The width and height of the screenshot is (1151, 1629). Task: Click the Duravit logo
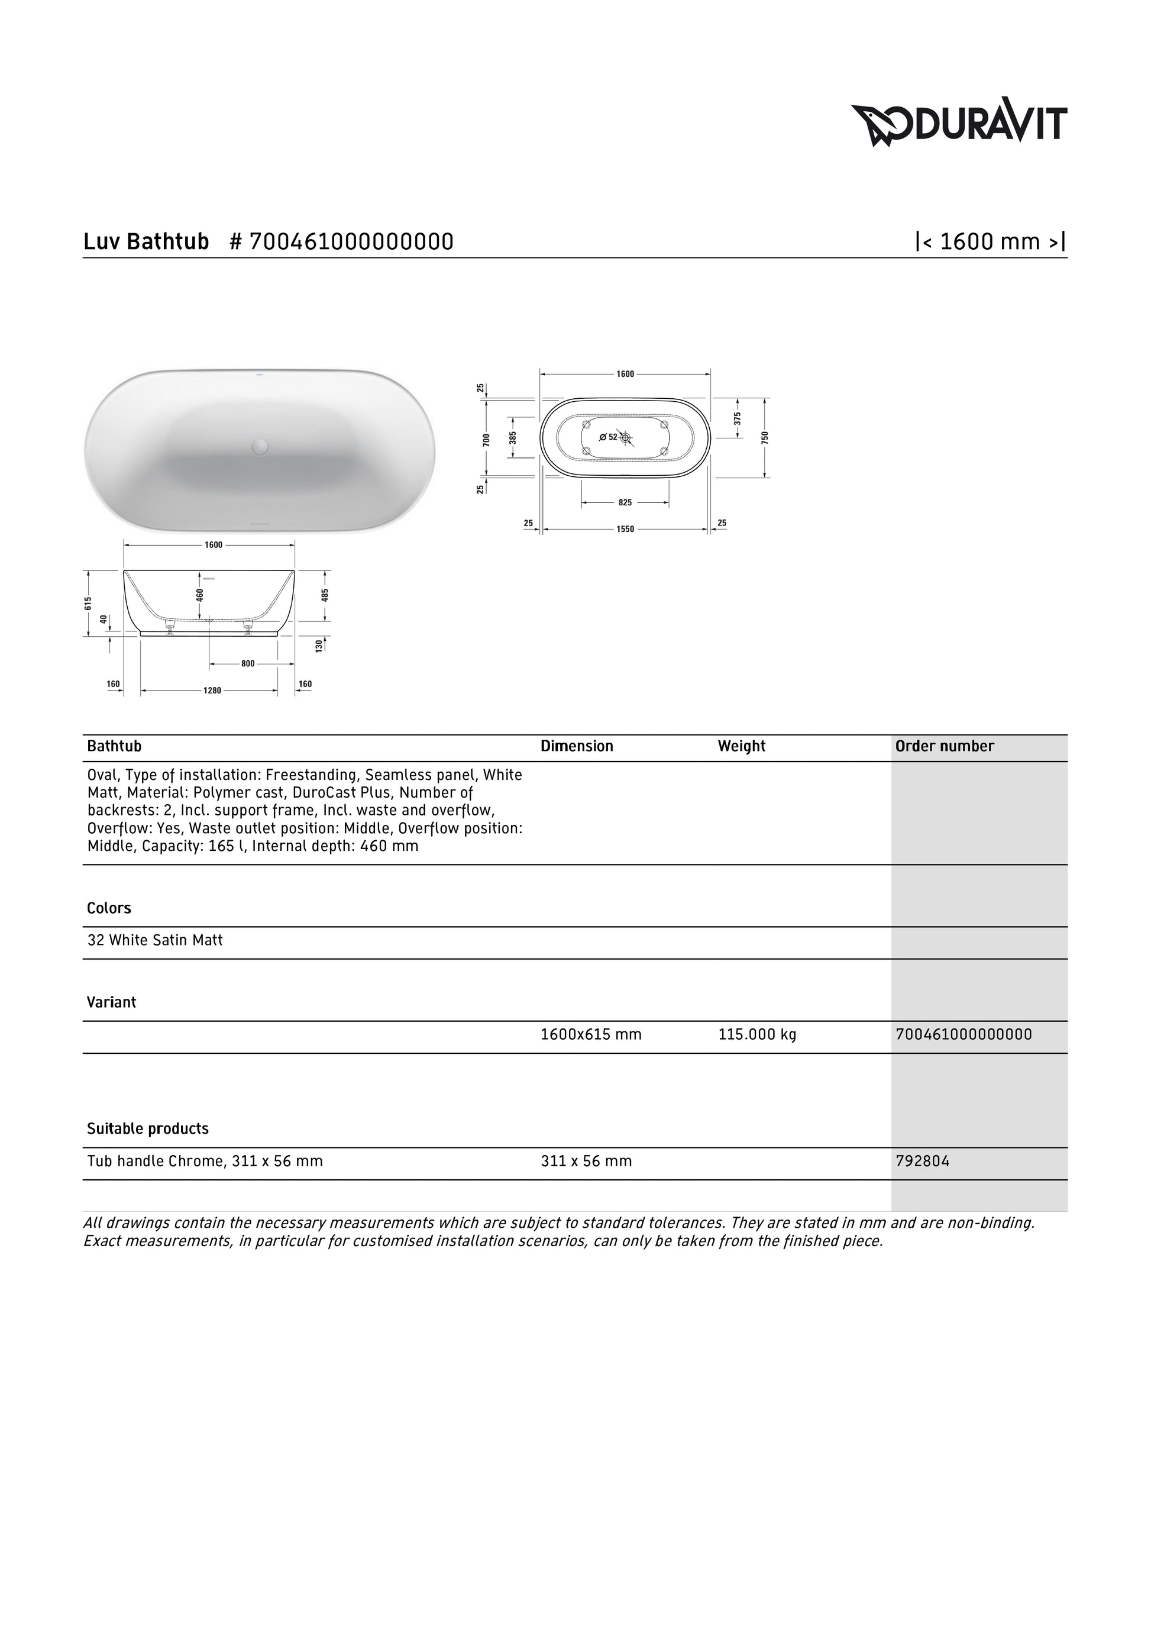point(958,125)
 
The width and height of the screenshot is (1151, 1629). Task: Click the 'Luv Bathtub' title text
point(146,242)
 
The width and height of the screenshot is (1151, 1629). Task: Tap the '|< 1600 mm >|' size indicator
point(991,242)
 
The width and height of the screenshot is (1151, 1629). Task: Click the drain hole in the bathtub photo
point(260,446)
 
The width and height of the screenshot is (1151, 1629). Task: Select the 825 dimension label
point(625,502)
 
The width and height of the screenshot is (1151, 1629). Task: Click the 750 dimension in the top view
point(765,437)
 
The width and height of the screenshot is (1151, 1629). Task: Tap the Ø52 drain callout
point(609,437)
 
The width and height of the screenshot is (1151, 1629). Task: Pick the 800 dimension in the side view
point(247,664)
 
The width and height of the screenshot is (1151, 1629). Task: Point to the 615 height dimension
point(88,603)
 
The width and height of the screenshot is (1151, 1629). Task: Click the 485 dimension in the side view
point(325,595)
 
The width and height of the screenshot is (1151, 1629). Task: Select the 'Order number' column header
point(945,746)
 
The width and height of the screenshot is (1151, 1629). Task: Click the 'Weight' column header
point(741,746)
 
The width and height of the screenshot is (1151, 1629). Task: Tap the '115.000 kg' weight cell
point(756,1034)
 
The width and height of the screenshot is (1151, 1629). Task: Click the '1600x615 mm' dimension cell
point(591,1034)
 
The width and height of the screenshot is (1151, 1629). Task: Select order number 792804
point(922,1162)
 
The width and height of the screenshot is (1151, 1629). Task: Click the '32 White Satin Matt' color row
point(154,940)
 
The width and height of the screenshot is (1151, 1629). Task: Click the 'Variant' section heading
point(111,1002)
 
